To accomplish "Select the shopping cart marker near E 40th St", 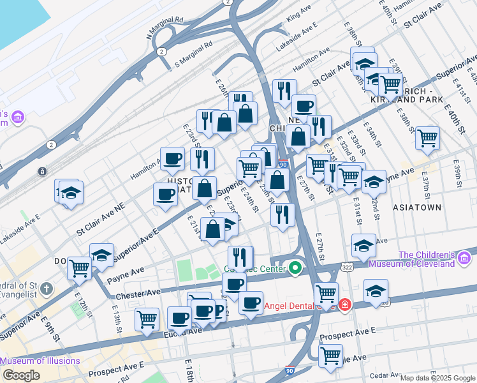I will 427,137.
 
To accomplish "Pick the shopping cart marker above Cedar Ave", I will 330,355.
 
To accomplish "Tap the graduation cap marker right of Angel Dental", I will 376,290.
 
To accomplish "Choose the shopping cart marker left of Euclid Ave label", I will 147,319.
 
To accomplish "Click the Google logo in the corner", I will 21,375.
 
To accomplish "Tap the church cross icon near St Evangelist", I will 46,289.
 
